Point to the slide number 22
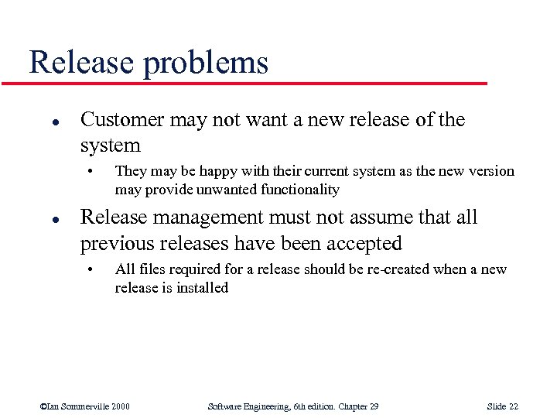(512, 406)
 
